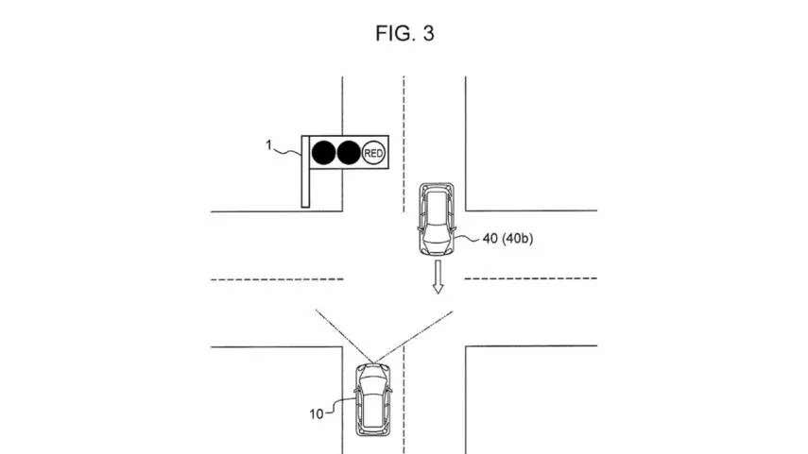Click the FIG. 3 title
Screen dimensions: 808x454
pos(405,33)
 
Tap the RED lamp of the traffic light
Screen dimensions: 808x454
pos(373,153)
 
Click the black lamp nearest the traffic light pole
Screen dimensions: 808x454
pos(323,153)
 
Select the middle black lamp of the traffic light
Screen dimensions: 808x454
pos(349,153)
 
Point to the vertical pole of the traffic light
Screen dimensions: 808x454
pos(305,172)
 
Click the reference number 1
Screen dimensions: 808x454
pos(268,145)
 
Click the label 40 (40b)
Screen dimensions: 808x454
pos(507,238)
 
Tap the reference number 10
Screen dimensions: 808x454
pos(317,413)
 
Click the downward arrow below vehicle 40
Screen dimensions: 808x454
pos(438,277)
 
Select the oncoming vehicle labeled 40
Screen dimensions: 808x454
pos(437,219)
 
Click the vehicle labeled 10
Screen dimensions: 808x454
pos(372,399)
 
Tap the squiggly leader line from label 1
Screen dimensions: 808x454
pos(286,151)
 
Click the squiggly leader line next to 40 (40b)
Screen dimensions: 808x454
pos(468,239)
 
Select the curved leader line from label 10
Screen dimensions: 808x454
pos(340,406)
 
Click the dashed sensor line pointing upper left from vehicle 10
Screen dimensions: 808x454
pos(344,336)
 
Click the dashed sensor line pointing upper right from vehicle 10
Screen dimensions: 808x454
pos(414,337)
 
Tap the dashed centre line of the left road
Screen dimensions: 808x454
pos(277,279)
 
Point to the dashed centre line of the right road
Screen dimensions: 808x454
pos(531,278)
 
